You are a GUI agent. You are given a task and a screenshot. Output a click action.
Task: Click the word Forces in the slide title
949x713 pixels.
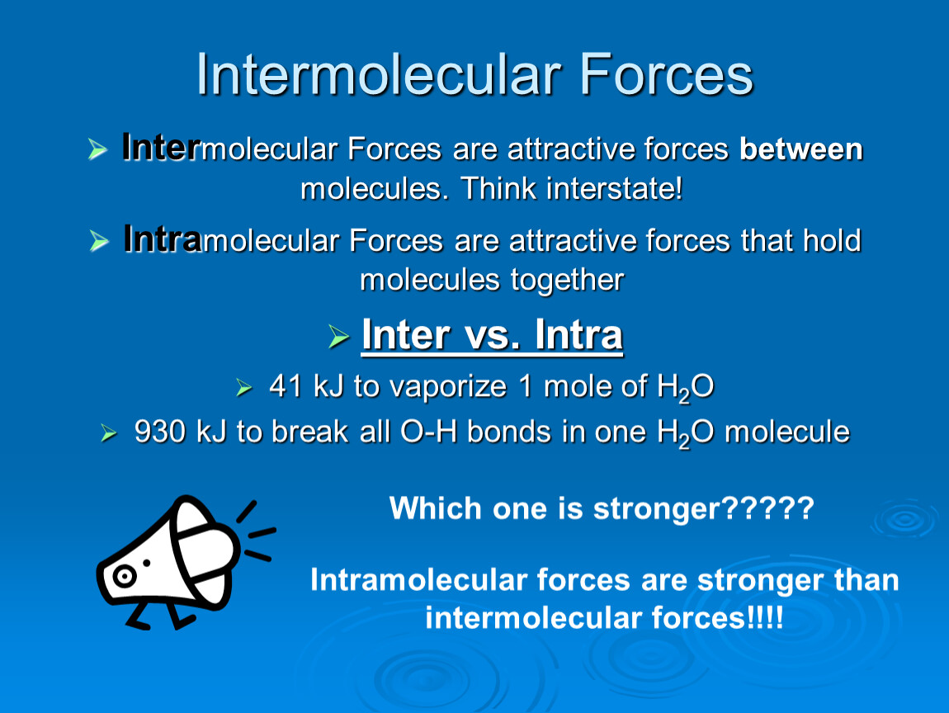coord(666,74)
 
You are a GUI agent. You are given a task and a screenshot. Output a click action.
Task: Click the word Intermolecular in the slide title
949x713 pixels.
coord(379,74)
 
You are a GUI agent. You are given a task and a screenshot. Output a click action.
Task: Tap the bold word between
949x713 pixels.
coord(800,149)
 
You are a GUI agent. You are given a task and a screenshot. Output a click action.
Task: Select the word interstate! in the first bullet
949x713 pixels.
coord(614,188)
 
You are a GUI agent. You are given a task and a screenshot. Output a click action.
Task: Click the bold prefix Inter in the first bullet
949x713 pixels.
coord(161,147)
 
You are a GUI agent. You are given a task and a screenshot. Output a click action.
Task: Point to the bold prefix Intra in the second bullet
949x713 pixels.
coord(163,238)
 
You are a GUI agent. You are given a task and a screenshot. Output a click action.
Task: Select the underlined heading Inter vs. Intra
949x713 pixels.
coord(492,335)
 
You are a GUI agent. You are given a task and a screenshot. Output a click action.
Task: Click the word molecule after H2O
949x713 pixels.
coord(786,432)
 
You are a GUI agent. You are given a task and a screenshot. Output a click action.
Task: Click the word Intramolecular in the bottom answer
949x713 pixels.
coord(419,580)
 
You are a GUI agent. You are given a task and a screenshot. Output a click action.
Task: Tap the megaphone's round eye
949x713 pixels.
coord(124,576)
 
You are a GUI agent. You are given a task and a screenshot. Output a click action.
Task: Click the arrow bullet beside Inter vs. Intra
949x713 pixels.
coord(339,337)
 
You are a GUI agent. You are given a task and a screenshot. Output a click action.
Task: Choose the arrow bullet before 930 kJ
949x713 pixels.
coord(109,433)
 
